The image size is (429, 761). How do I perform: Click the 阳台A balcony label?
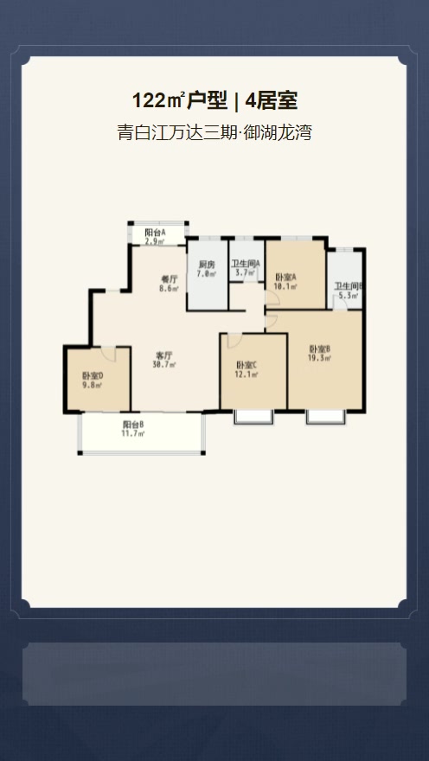pos(156,232)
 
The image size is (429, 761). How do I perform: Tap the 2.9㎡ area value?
pos(156,240)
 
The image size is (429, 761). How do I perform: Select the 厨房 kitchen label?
pos(207,265)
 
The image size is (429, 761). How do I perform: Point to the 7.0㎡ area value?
pos(207,273)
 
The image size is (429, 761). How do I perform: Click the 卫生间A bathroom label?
pos(246,264)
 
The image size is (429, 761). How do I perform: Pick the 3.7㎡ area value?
pos(246,272)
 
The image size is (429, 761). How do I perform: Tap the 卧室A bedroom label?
pos(285,277)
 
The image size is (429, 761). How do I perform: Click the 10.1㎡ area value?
pos(285,286)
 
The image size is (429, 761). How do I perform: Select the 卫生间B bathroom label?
pos(348,286)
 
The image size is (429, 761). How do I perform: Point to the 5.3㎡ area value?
pos(349,295)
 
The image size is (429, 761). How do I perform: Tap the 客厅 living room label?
pos(164,355)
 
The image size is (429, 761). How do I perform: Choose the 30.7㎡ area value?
pos(164,364)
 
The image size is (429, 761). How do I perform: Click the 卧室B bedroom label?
pos(320,349)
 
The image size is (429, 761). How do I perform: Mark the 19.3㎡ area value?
pos(320,358)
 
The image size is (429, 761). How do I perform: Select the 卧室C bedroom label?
pos(247,365)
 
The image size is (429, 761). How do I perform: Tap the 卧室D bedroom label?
pos(93,376)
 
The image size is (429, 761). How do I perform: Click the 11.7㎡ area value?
pos(133,433)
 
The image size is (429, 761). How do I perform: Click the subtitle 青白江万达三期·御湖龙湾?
pos(214,132)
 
